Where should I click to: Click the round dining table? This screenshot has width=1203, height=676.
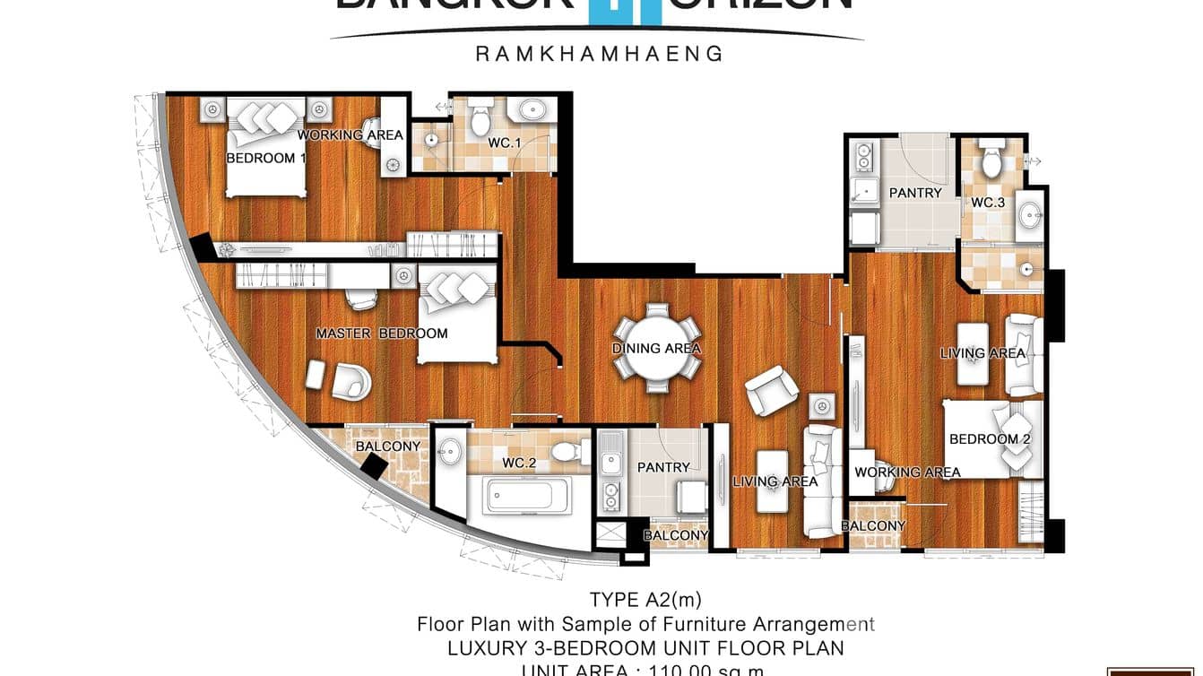tap(657, 349)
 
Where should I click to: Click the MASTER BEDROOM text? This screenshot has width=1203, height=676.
tap(381, 334)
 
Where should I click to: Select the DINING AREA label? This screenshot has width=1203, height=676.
tap(656, 349)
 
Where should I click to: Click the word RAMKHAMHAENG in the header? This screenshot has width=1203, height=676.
tap(598, 54)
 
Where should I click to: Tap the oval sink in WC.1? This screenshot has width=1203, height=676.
tap(532, 110)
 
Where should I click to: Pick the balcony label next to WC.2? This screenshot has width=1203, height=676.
tap(388, 446)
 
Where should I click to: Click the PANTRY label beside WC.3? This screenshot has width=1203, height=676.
tap(915, 193)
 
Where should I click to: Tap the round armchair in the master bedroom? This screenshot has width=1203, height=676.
tap(351, 380)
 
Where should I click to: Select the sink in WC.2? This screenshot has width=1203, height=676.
tap(451, 450)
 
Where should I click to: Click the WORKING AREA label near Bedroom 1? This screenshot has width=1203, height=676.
tap(351, 135)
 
